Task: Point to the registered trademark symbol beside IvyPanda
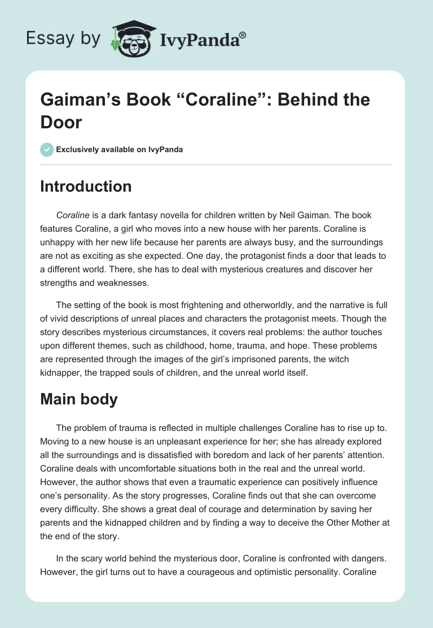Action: pyautogui.click(x=242, y=35)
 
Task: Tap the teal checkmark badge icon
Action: pyautogui.click(x=47, y=149)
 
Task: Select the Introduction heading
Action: pyautogui.click(x=86, y=186)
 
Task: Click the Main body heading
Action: pyautogui.click(x=80, y=399)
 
